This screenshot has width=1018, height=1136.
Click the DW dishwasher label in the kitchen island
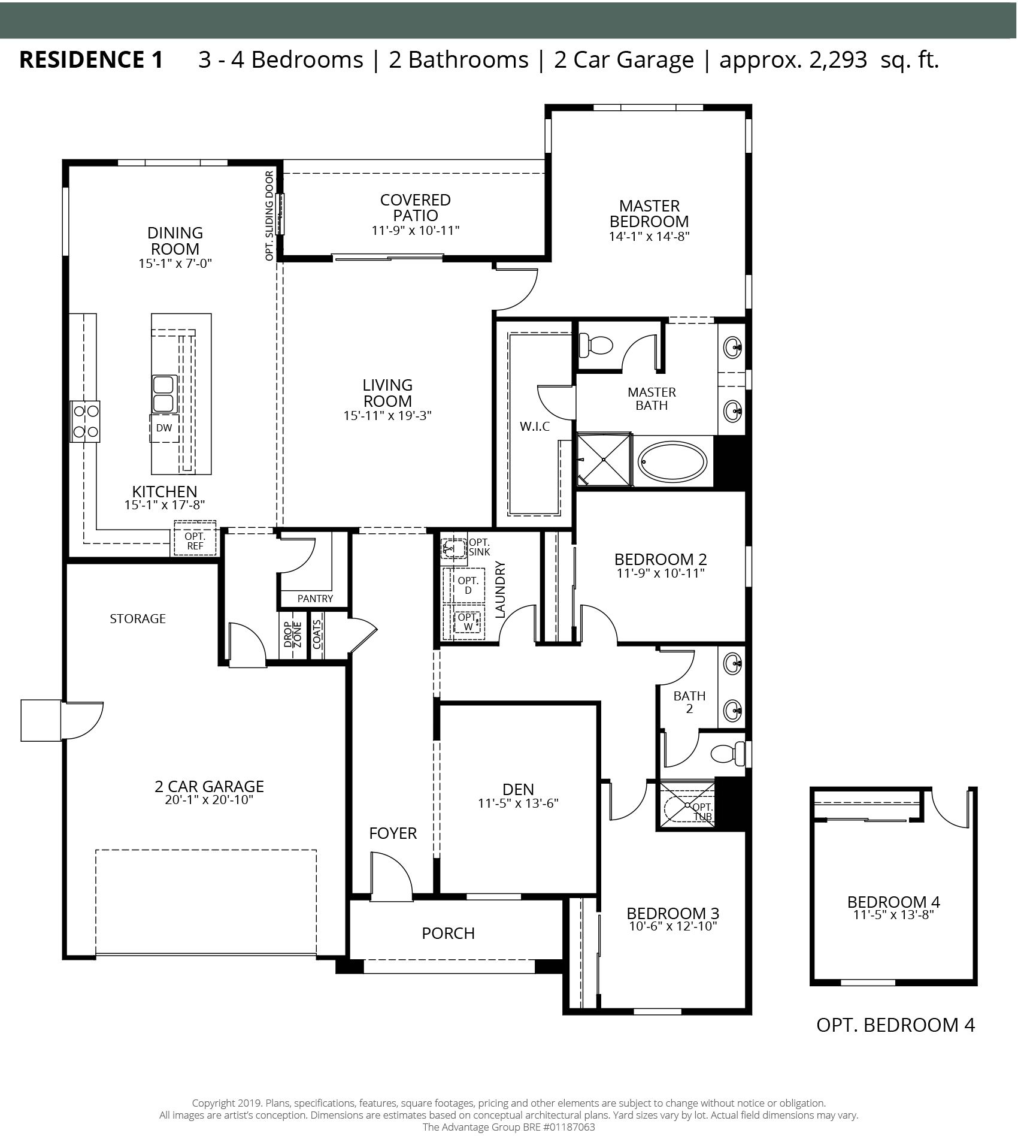click(x=163, y=428)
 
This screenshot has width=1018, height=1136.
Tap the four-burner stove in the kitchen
click(x=85, y=421)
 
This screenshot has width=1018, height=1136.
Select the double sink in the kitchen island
click(x=163, y=394)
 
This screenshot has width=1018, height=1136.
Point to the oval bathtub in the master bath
click(x=672, y=462)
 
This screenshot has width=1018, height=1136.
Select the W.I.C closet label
click(x=535, y=427)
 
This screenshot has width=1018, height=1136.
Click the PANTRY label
click(x=315, y=599)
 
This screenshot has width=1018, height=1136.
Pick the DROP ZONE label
click(x=293, y=635)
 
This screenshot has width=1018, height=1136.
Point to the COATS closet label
click(x=316, y=634)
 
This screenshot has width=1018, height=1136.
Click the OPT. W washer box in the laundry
click(x=467, y=623)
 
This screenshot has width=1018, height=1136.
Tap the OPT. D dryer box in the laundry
click(x=468, y=585)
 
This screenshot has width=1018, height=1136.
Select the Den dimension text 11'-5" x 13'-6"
click(x=518, y=803)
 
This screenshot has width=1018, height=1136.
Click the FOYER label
click(x=393, y=833)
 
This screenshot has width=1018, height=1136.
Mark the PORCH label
click(x=448, y=933)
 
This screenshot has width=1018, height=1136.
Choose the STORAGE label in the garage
click(x=138, y=618)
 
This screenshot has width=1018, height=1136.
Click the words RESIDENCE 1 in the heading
click(x=91, y=59)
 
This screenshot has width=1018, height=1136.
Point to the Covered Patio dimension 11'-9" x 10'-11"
click(x=416, y=230)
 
